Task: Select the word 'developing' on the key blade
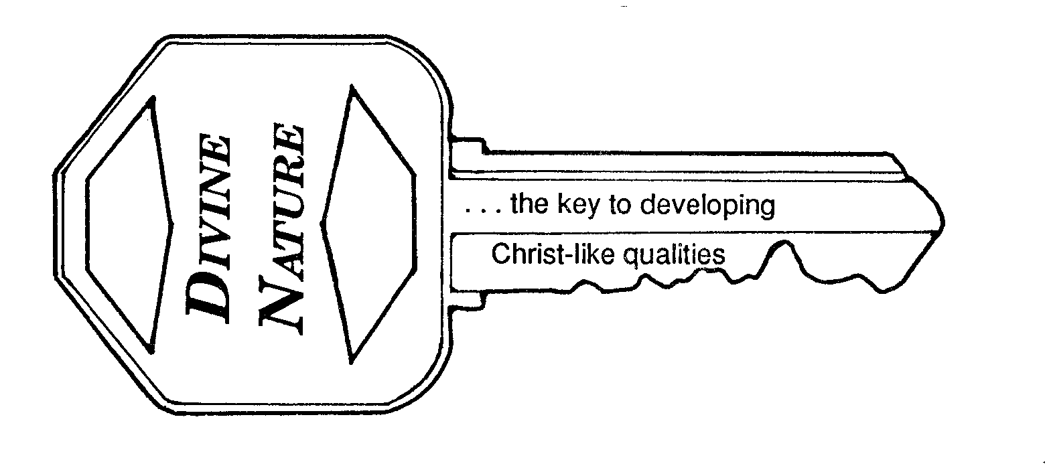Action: coord(707,206)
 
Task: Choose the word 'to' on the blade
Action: coord(620,205)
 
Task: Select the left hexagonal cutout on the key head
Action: coord(127,224)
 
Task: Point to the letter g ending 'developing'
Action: coord(768,208)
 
